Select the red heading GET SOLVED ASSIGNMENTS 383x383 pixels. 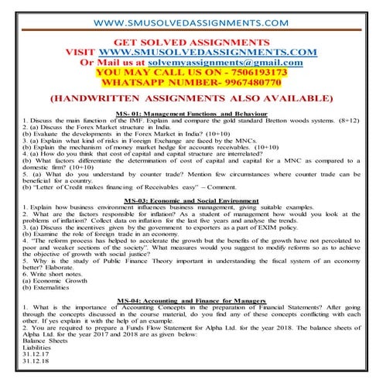click(191, 42)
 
